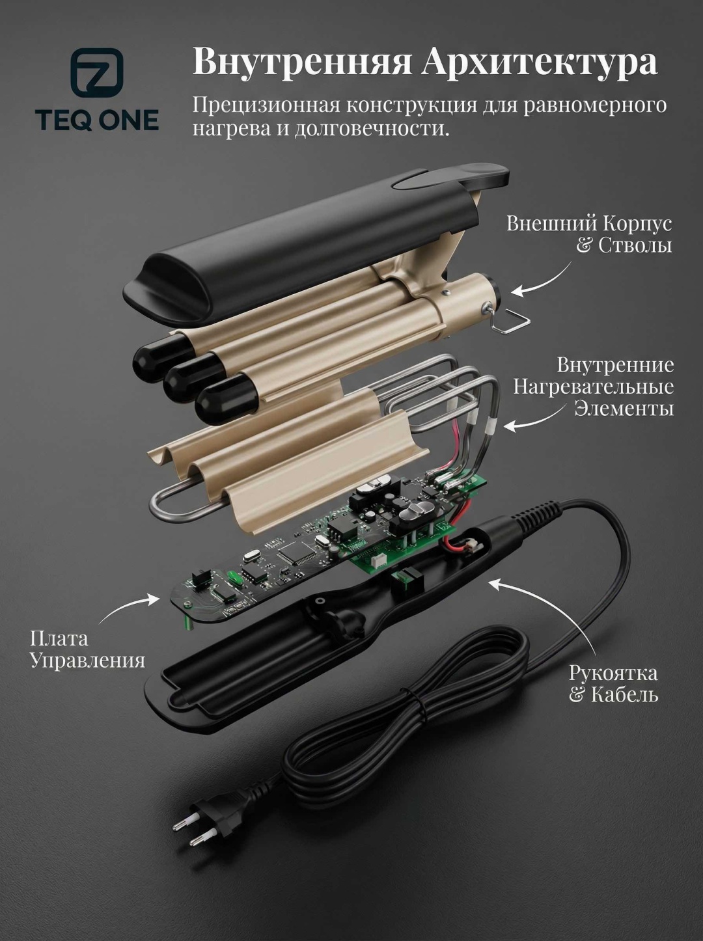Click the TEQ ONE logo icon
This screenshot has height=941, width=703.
[x=97, y=74]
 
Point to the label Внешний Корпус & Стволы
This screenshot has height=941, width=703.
[x=589, y=234]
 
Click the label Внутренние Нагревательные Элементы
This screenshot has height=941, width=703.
[x=594, y=387]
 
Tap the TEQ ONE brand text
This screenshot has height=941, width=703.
[x=97, y=120]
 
